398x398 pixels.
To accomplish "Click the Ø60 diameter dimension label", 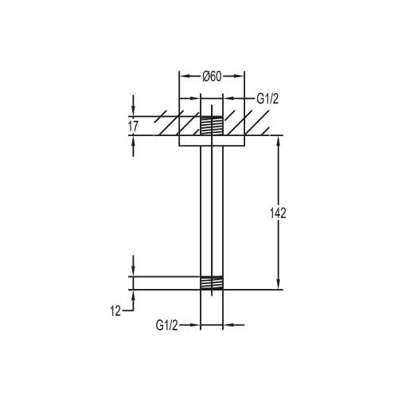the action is click(212, 76).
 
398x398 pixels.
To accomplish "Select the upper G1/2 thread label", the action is click(267, 99).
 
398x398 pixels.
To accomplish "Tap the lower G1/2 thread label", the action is click(167, 325).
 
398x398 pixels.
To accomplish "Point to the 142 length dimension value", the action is click(278, 213).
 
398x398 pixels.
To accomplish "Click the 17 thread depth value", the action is click(133, 127).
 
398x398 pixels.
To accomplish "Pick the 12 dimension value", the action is click(115, 311).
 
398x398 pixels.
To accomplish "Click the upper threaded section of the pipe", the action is click(212, 126).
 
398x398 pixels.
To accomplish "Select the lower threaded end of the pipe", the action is click(212, 283).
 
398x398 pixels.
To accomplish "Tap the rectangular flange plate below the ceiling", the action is click(212, 141).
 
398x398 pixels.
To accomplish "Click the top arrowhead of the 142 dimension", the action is click(278, 141).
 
